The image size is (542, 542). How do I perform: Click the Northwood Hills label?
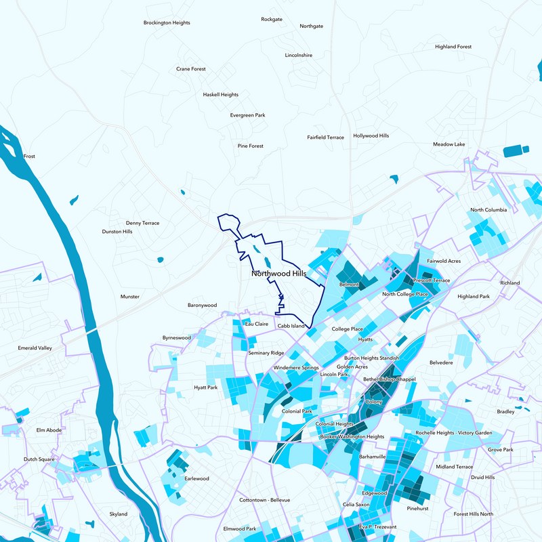click(x=278, y=274)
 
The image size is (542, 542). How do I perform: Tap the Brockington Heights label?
click(x=167, y=22)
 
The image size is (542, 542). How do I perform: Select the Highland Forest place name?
click(x=453, y=47)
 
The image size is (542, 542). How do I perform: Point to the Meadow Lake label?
click(x=449, y=144)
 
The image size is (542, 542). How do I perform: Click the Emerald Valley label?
click(x=35, y=348)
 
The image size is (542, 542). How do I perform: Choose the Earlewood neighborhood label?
click(x=196, y=478)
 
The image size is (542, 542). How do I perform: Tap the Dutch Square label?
click(x=39, y=459)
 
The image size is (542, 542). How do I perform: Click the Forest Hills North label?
click(x=474, y=514)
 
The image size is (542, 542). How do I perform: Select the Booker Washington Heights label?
click(x=352, y=437)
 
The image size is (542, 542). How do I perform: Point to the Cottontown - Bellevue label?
click(x=264, y=500)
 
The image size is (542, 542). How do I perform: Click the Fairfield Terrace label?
click(x=325, y=138)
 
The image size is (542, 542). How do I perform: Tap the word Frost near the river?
click(x=29, y=157)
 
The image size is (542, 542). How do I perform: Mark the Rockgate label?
click(x=271, y=19)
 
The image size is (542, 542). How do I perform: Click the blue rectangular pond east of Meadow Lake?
click(x=517, y=151)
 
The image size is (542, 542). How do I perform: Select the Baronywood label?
click(x=202, y=306)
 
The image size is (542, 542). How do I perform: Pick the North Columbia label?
click(x=488, y=210)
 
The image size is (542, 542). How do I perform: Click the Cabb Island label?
click(x=291, y=326)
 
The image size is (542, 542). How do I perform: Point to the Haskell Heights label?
click(x=221, y=95)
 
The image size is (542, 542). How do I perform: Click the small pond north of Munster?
click(x=161, y=259)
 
